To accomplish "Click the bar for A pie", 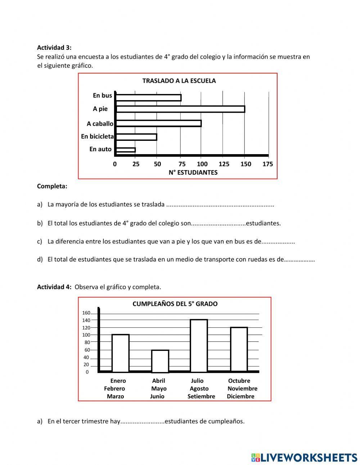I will coord(180,109).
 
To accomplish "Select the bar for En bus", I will coord(148,98).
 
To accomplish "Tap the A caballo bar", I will coord(158,124).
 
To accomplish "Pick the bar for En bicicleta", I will coord(136,137).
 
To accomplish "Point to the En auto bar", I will coord(125,150).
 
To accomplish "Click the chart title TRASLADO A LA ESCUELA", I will coord(179,81).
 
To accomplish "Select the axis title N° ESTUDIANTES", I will coord(193,173).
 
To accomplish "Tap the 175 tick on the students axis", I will coord(267,164).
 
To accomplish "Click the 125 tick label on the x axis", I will coord(224,164).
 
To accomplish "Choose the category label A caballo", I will coord(100,124).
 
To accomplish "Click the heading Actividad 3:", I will coord(54,48).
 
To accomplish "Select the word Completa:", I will coord(52,186).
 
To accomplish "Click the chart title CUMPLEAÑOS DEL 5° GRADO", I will coord(175,304).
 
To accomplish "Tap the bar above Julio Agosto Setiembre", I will coord(199,346).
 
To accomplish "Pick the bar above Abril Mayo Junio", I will coord(160,361).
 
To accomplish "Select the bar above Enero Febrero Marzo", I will coord(120,353).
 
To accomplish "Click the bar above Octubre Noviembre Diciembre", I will coord(239,349).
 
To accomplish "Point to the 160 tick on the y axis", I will coord(86,313).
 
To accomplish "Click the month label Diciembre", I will coord(240,397).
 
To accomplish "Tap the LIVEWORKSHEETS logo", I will coord(304,457).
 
